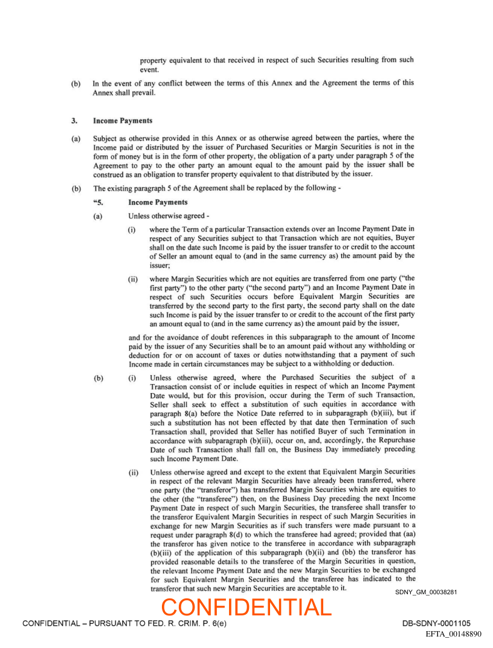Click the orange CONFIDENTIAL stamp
point(246,607)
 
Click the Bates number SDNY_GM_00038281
point(426,592)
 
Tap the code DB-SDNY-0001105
point(436,623)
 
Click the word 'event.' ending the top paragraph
point(149,69)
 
